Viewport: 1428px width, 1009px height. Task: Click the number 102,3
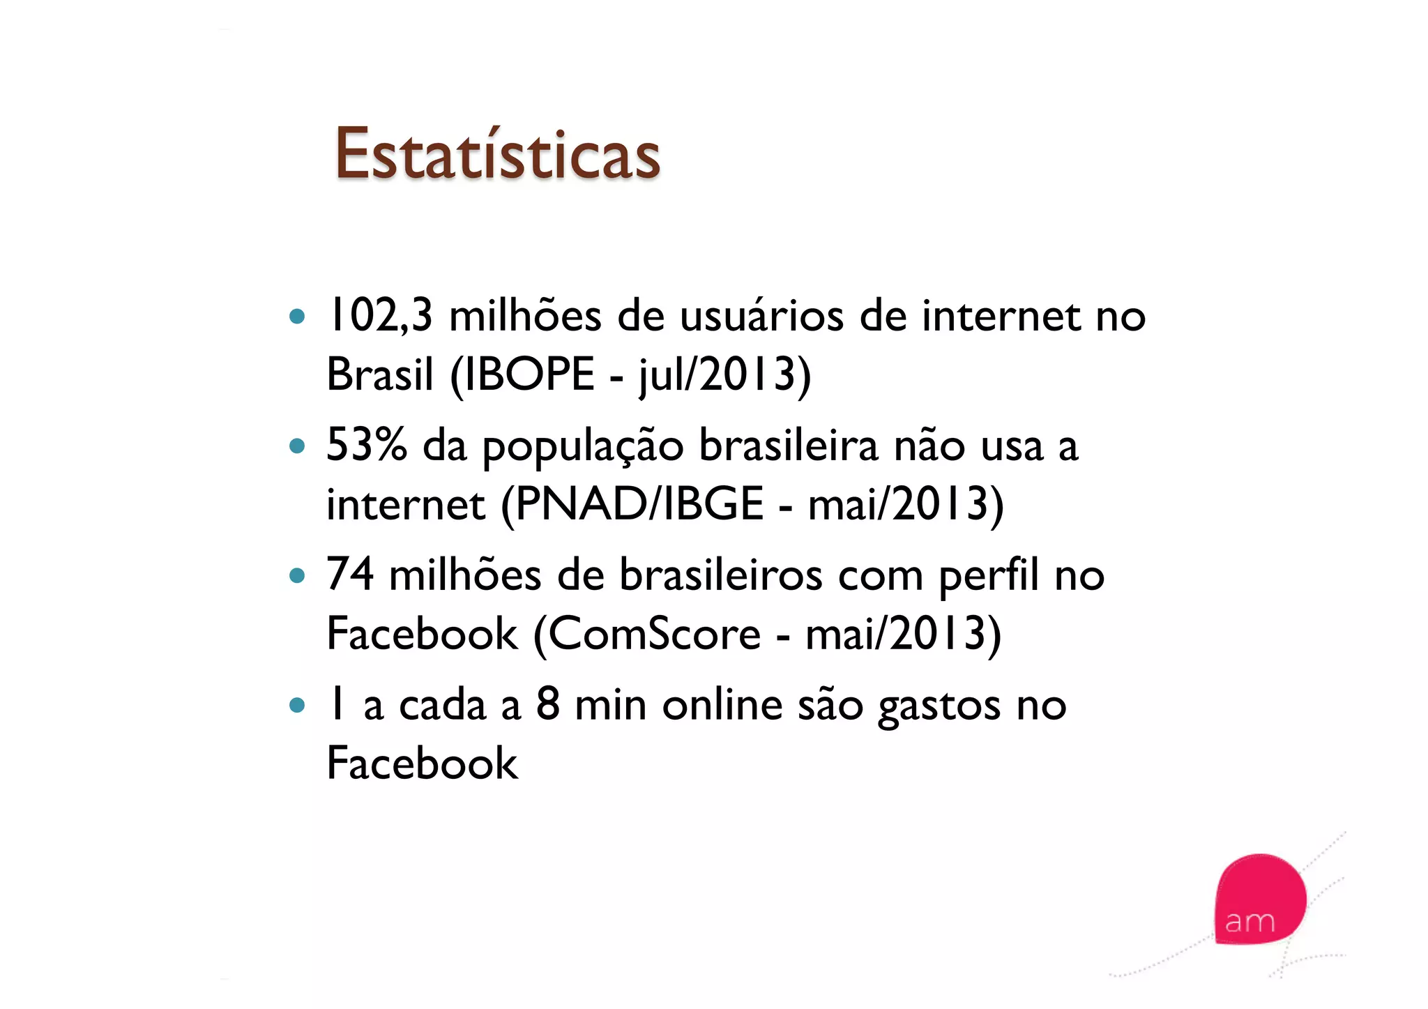tap(380, 316)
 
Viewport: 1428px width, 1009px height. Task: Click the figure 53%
tap(367, 445)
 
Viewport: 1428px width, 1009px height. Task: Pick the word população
tap(583, 448)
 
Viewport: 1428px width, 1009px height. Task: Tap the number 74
tap(350, 575)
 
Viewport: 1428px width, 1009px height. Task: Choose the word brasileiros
tap(721, 576)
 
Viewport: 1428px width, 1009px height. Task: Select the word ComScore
tap(654, 634)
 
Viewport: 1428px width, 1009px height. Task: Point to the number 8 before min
tap(548, 704)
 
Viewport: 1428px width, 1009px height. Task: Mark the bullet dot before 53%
tap(298, 446)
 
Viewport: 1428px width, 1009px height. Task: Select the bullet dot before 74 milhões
tap(298, 576)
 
